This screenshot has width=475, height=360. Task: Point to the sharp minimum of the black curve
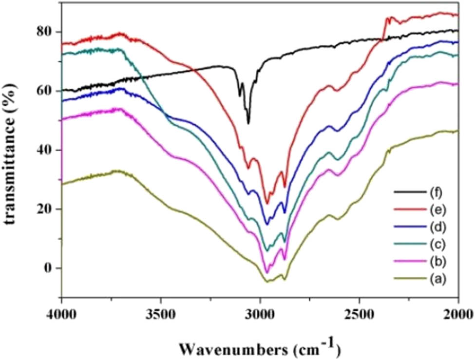pyautogui.click(x=248, y=123)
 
